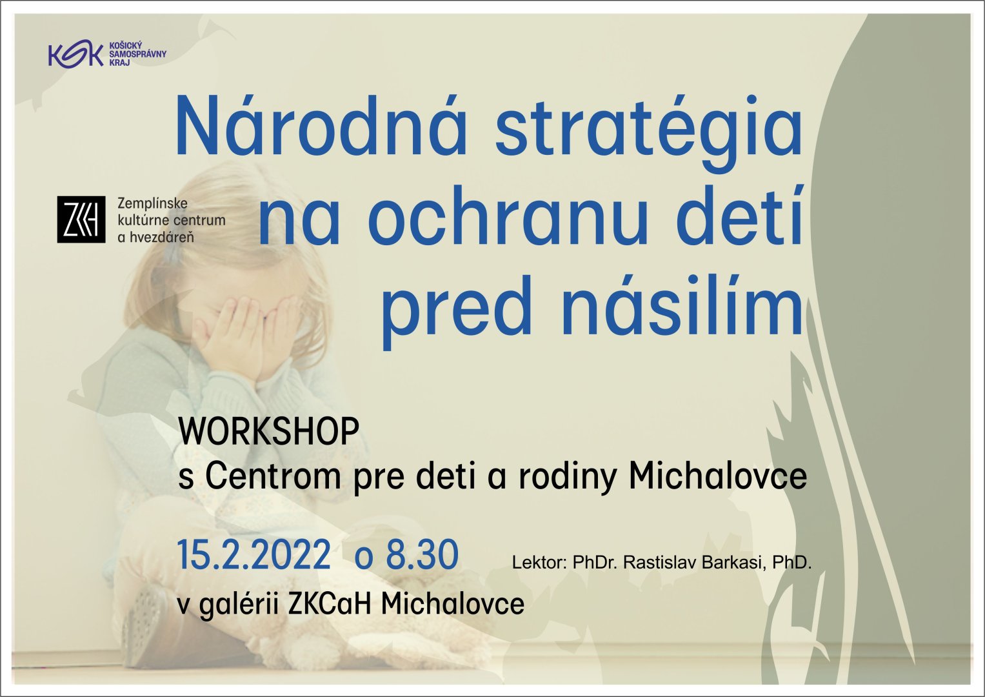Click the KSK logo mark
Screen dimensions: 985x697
(75, 55)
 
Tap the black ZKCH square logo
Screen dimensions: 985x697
(81, 219)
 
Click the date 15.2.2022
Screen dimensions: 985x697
(254, 555)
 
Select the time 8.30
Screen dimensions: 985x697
(422, 555)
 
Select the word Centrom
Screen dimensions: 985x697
(273, 476)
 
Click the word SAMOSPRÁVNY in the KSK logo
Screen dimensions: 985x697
(137, 54)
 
